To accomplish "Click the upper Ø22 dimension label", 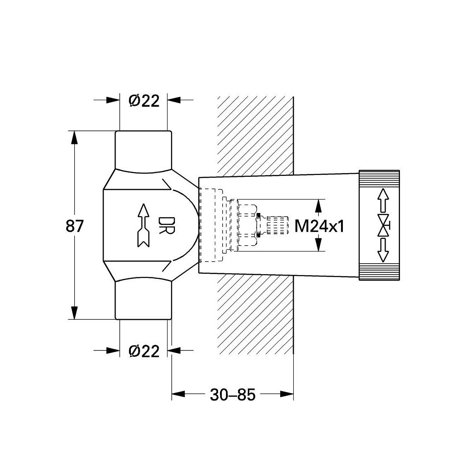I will pos(144,100).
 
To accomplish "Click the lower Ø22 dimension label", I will pos(144,351).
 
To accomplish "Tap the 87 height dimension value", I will pos(75,226).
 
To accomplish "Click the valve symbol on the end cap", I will pos(384,225).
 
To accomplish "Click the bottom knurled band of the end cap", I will pos(379,274).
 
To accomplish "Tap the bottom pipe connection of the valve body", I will pos(143,302).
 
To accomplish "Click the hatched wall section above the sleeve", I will pos(255,135).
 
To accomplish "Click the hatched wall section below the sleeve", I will pos(255,320).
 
